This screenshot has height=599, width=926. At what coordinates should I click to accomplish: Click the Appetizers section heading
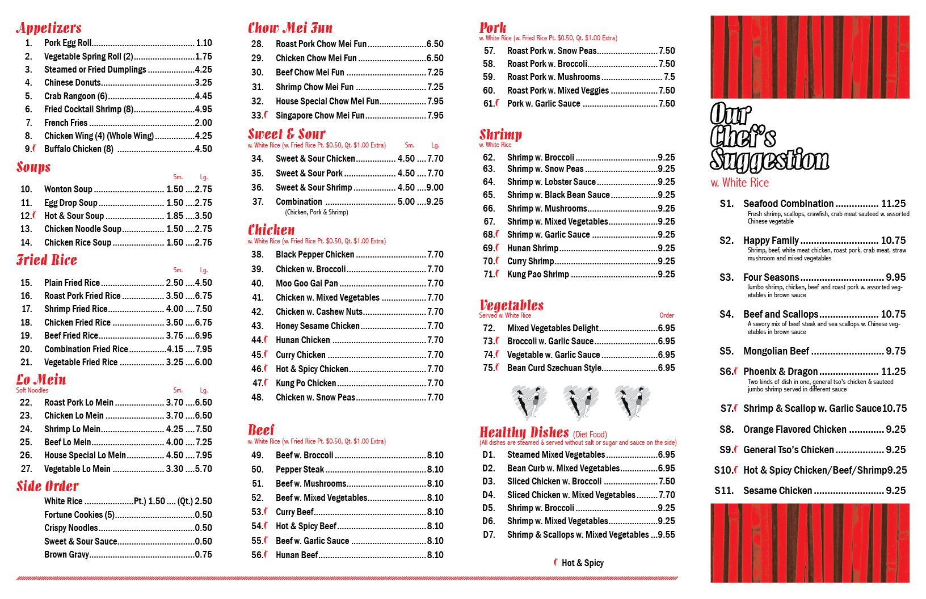pos(49,28)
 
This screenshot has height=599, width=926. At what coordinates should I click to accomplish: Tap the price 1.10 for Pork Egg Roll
pos(204,43)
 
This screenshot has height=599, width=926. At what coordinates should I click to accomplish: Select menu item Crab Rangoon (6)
pos(76,96)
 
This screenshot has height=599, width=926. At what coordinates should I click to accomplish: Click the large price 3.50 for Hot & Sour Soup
pos(204,216)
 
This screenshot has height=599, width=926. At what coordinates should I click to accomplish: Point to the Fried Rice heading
pos(47,260)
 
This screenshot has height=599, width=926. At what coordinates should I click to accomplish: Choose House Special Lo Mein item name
pos(85,455)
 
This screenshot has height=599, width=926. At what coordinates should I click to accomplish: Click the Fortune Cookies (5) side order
pos(79,515)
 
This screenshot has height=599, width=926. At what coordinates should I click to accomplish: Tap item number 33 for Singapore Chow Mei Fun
pos(257,116)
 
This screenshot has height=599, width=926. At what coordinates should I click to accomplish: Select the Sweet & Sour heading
pos(287,134)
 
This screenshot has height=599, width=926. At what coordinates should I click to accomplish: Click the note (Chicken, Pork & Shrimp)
pos(317,212)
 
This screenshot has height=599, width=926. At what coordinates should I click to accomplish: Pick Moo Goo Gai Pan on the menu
pos(307,284)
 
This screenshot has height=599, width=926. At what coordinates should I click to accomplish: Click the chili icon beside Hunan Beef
pos(266,554)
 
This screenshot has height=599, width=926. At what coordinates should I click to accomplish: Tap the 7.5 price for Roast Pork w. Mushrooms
pos(670,77)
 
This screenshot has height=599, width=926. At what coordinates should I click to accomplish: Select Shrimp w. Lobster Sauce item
pos(552,182)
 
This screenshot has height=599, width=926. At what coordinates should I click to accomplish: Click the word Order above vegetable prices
pos(667,315)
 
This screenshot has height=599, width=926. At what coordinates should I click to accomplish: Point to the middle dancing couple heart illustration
pos(580,402)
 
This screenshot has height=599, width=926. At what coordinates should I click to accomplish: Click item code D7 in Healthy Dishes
pos(489,535)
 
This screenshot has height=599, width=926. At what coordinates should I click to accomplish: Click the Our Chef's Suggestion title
pos(769,137)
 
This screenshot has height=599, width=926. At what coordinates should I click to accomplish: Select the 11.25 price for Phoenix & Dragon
pos(893,372)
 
